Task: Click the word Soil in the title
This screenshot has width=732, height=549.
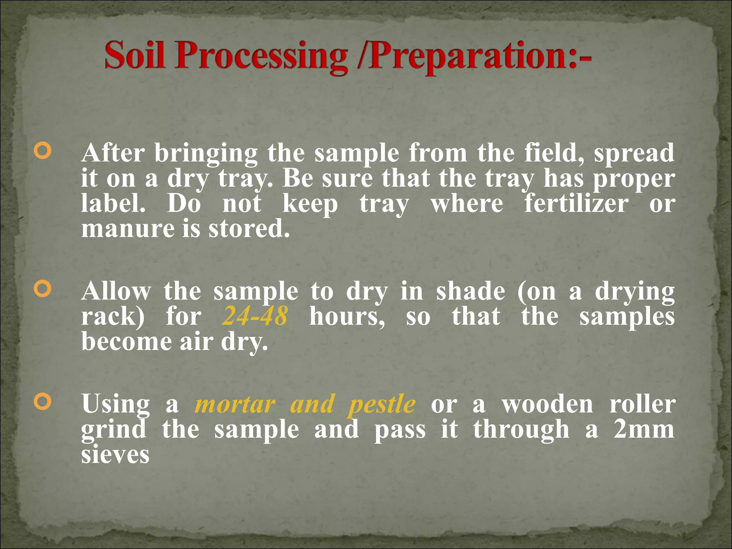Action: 135,55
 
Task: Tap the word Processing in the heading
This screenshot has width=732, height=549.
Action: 261,57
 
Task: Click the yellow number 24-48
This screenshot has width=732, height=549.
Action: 254,316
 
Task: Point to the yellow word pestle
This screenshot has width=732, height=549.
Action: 382,405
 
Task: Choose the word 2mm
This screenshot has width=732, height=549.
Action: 644,429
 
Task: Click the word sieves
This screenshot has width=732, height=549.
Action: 115,455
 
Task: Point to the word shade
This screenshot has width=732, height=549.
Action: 470,291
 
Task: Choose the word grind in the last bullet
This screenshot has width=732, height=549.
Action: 114,430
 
